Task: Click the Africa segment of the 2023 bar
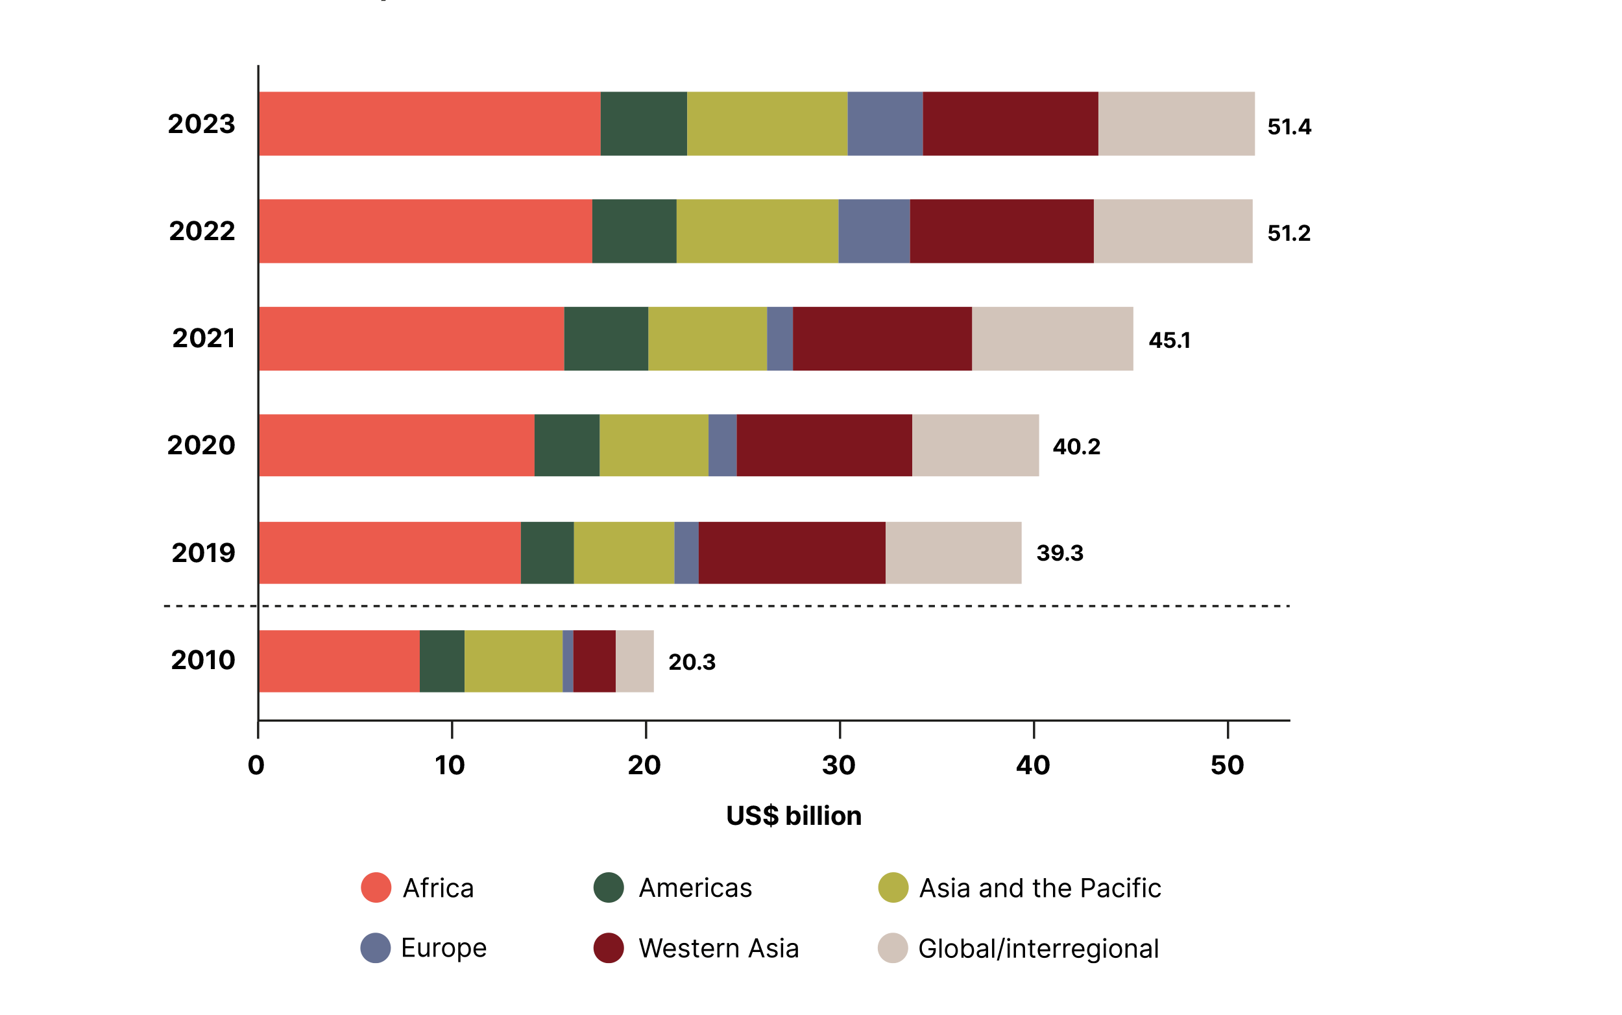point(430,123)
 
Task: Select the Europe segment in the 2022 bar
point(874,231)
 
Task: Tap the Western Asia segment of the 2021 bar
point(882,338)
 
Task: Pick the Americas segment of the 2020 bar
point(566,445)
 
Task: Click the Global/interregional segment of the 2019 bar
point(953,552)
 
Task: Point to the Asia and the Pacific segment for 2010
point(513,661)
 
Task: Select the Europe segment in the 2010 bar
point(568,661)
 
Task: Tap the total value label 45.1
point(1169,340)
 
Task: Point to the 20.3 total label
point(691,662)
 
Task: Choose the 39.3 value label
point(1059,553)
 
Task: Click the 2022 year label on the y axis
point(201,231)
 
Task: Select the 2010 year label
point(202,660)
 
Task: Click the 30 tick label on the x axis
point(838,765)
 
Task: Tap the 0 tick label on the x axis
point(256,765)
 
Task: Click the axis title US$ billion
point(793,816)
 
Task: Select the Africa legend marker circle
point(376,887)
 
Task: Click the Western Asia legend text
point(718,948)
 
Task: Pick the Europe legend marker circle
point(375,948)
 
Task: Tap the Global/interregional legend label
point(1037,948)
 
